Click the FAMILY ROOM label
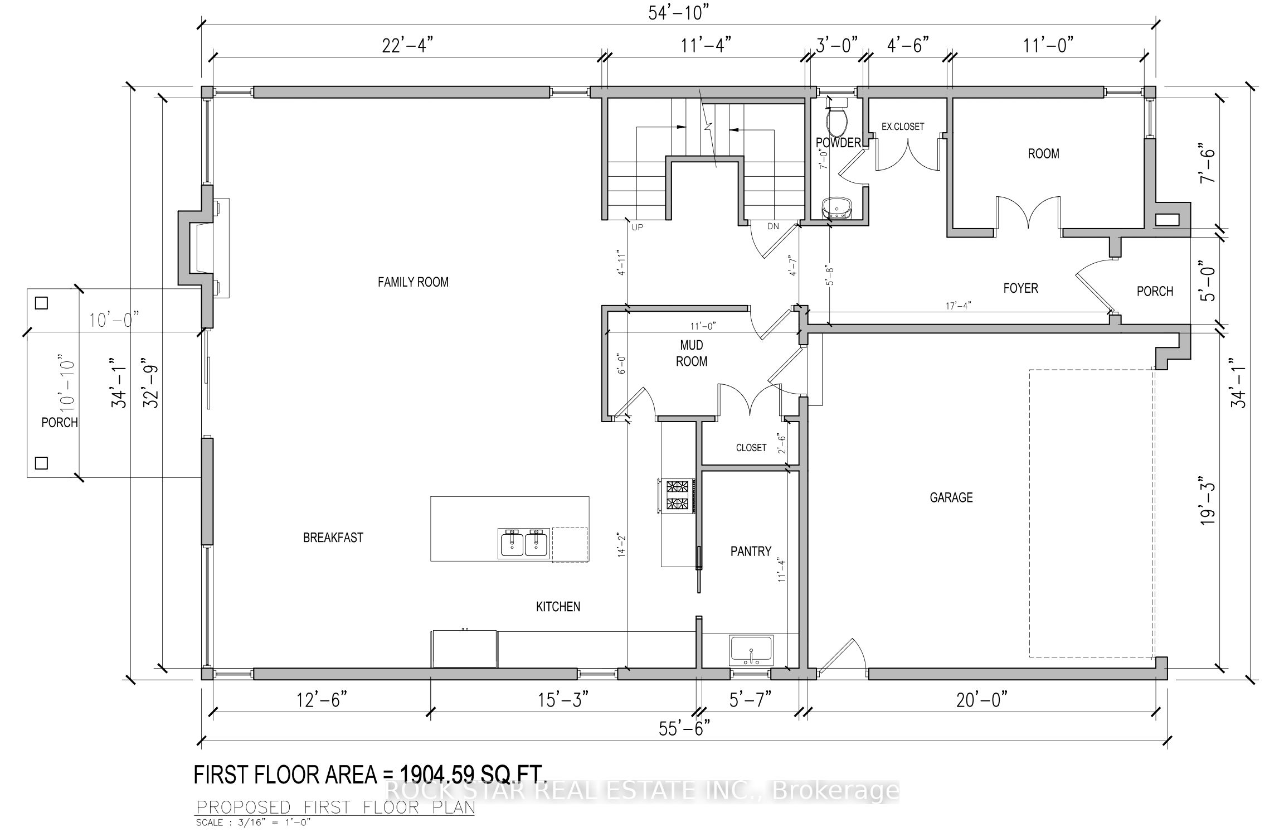click(413, 282)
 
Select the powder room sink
click(837, 207)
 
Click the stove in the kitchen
click(677, 496)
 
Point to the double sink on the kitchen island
click(523, 543)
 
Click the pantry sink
click(751, 650)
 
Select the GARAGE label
click(951, 497)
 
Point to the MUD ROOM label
click(692, 354)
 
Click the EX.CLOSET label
click(902, 127)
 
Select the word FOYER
click(1020, 288)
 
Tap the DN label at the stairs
click(773, 226)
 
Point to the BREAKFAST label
click(333, 538)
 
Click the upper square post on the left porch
click(41, 303)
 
